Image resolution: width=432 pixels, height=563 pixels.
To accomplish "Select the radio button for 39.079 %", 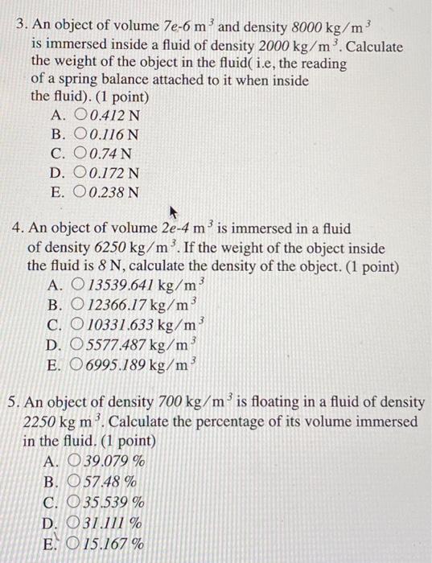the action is [x=76, y=462].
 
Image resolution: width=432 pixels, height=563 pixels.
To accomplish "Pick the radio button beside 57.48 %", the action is [x=76, y=482].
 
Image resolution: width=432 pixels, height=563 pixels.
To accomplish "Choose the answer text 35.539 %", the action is [x=115, y=502].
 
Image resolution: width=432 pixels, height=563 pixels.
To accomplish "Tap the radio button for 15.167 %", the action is [x=76, y=542].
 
